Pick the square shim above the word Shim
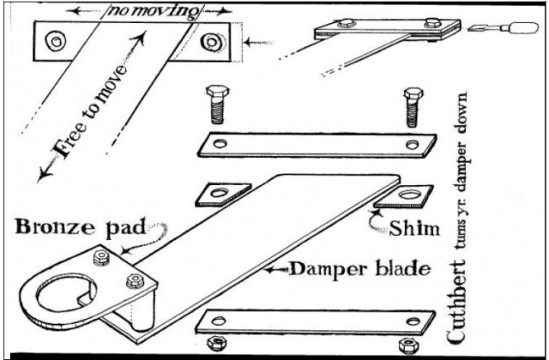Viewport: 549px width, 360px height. [402, 198]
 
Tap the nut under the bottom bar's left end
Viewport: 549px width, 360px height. [219, 344]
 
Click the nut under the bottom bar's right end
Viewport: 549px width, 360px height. [406, 345]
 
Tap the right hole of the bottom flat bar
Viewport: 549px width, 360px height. [415, 321]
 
